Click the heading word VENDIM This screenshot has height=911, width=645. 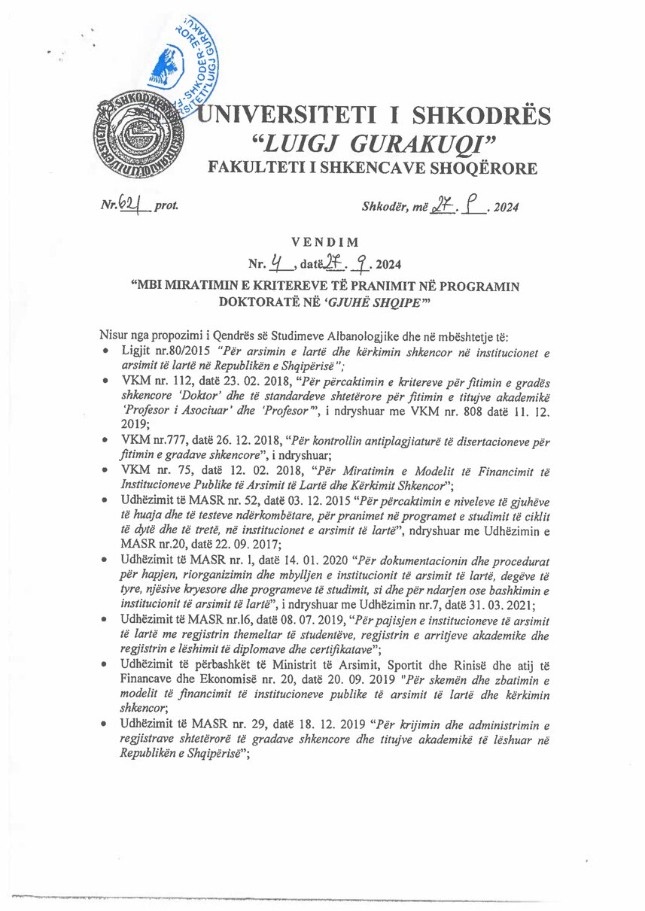coord(322,242)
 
